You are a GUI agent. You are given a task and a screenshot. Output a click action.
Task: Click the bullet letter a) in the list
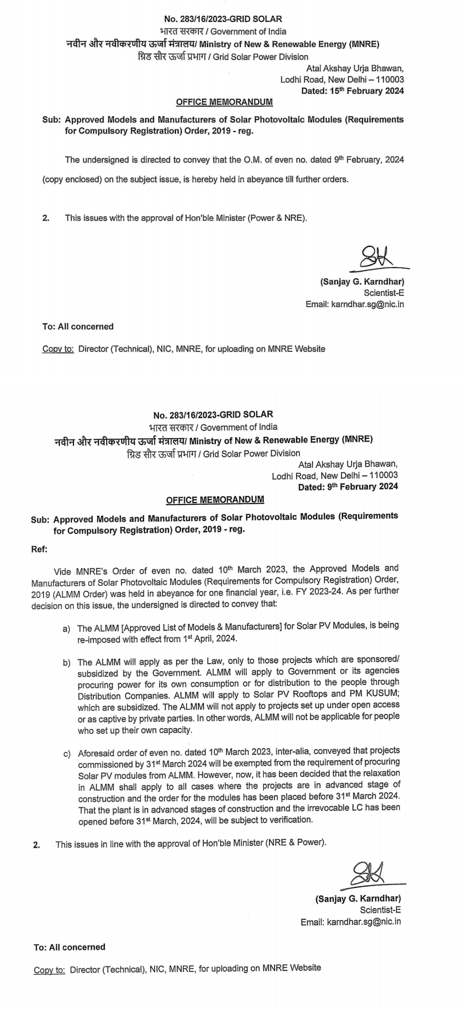pos(67,629)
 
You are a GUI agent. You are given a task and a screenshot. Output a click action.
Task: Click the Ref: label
pos(39,549)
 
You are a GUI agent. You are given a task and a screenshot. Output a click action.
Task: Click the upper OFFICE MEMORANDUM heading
pos(224,102)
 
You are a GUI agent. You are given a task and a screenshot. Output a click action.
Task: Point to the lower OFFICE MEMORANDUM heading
pos(215,500)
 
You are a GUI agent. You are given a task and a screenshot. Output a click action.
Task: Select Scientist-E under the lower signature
pos(380,910)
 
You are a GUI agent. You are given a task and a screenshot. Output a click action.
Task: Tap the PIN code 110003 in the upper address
pos(390,79)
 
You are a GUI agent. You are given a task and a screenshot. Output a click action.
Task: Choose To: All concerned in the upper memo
pos(78,327)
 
